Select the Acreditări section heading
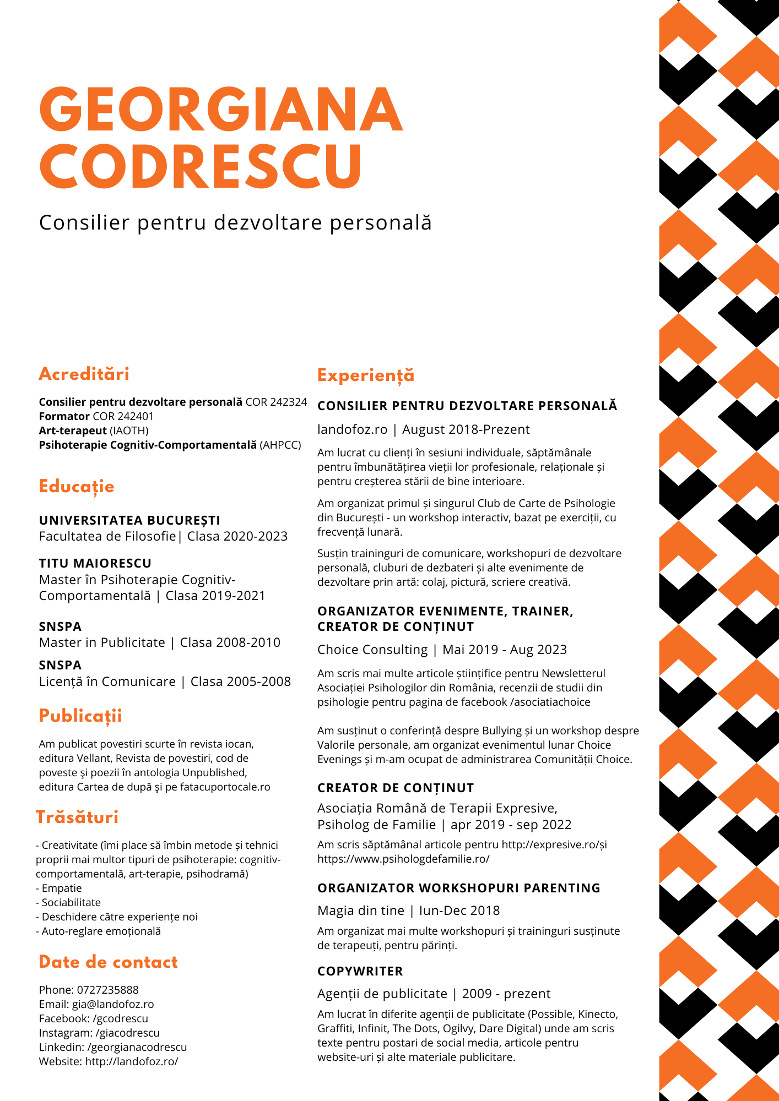[x=84, y=374]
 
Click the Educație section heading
[x=77, y=487]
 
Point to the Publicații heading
[x=80, y=716]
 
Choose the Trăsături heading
[x=77, y=817]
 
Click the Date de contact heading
[x=109, y=962]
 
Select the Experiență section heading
[x=366, y=375]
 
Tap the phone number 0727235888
[x=108, y=990]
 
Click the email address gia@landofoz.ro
[x=113, y=1004]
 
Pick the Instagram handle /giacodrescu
[x=126, y=1033]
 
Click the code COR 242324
[x=276, y=402]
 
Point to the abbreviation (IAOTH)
[x=129, y=430]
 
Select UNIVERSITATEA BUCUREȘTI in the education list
[x=129, y=520]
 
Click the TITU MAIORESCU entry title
[x=95, y=563]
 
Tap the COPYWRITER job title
[x=360, y=971]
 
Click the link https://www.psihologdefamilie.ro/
[x=403, y=858]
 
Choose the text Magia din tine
[x=361, y=911]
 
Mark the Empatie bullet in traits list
[x=62, y=888]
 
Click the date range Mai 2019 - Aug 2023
[x=505, y=650]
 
